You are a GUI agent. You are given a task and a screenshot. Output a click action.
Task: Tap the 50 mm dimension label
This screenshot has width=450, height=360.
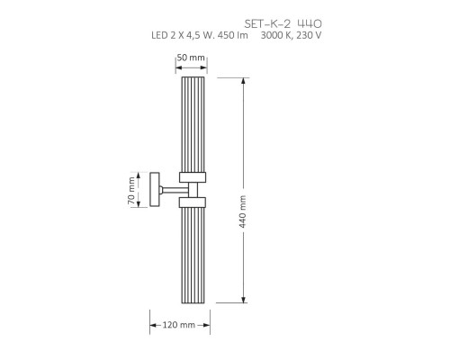[x=192, y=57]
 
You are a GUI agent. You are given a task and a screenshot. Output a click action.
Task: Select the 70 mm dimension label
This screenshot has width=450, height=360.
[x=132, y=189]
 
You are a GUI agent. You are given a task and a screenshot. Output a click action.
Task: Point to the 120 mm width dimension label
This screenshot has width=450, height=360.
[x=179, y=324]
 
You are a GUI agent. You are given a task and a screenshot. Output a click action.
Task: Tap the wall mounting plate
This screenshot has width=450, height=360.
[x=155, y=190]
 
